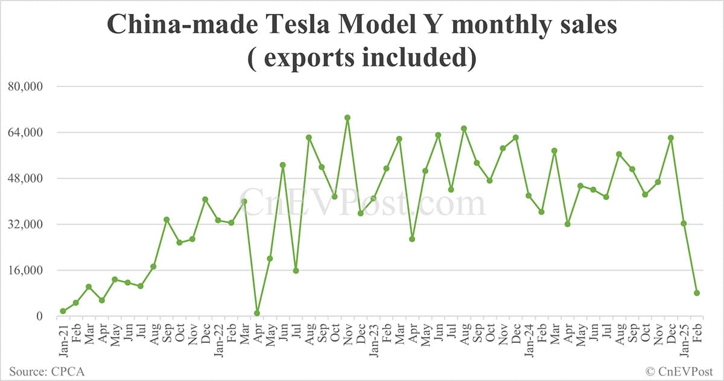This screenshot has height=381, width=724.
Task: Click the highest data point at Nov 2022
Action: click(348, 118)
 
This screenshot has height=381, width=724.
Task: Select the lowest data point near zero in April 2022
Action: click(257, 313)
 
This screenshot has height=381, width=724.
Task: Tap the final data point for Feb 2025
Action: click(697, 293)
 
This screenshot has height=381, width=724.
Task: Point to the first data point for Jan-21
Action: click(63, 311)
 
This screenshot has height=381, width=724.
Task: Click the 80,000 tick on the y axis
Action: click(25, 86)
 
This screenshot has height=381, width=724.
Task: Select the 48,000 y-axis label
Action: click(25, 178)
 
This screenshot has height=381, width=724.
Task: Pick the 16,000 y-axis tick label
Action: click(25, 271)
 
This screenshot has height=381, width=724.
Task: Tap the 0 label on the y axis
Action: click(38, 316)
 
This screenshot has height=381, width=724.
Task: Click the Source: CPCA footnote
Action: click(46, 371)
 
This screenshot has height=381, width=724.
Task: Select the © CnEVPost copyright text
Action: click(679, 371)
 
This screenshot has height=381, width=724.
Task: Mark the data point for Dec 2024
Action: click(670, 138)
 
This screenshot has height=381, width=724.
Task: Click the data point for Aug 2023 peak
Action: click(464, 128)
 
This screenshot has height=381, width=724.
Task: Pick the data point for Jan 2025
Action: click(684, 223)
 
